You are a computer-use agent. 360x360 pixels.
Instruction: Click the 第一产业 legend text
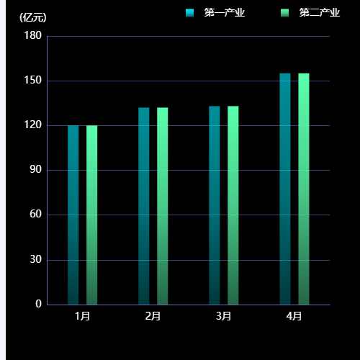[x=224, y=12]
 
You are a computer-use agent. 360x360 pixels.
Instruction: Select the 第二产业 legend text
[x=319, y=12]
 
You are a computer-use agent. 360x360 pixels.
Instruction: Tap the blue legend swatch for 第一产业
[x=189, y=12]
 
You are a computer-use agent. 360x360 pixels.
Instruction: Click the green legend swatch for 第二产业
[x=285, y=12]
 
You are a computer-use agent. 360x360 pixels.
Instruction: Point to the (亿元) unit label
[x=32, y=17]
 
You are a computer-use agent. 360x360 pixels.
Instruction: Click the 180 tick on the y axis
[x=33, y=36]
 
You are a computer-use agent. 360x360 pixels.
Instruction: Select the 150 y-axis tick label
[x=33, y=81]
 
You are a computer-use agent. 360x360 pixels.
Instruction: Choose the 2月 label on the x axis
[x=153, y=315]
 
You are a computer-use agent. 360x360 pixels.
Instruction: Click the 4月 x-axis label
[x=294, y=315]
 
